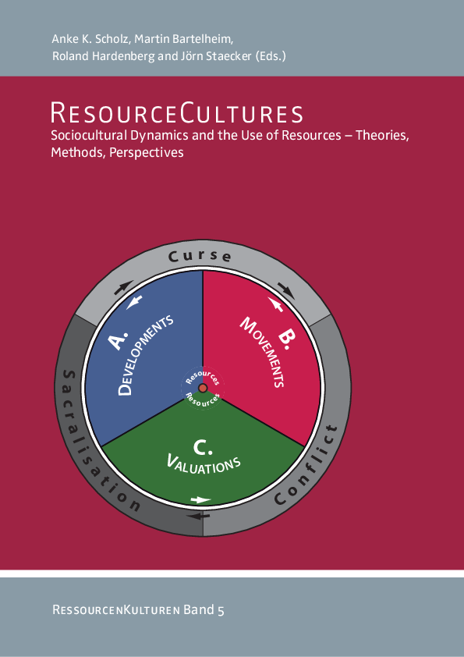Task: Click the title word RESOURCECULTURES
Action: [177, 114]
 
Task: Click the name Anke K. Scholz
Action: [90, 39]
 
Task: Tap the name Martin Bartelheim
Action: [183, 39]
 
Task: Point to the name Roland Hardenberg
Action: [103, 56]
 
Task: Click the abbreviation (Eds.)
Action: [271, 56]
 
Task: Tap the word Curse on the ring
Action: [200, 256]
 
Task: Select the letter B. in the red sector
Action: [286, 339]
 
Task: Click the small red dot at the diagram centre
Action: [203, 388]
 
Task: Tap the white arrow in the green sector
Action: [200, 500]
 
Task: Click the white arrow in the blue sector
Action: [134, 302]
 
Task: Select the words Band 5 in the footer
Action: [204, 609]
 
